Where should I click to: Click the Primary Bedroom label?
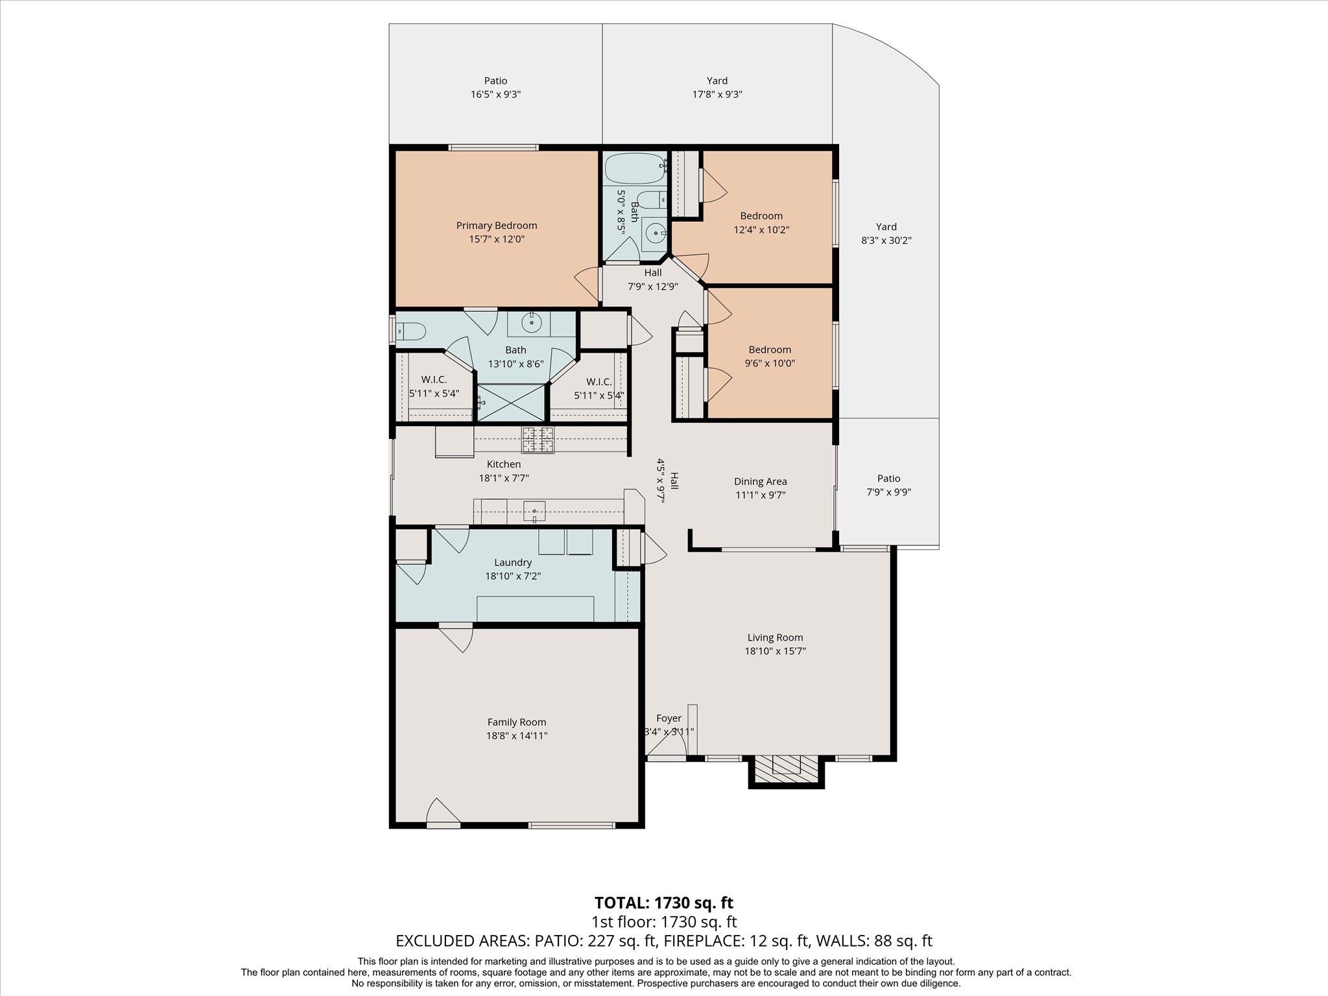click(497, 226)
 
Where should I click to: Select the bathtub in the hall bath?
click(635, 169)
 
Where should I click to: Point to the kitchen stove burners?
click(538, 440)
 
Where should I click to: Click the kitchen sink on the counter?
click(535, 511)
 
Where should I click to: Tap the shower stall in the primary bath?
click(511, 403)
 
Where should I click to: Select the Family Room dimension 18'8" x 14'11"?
click(517, 735)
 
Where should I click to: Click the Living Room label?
click(775, 637)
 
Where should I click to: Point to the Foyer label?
click(669, 718)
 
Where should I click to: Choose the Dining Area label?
click(761, 481)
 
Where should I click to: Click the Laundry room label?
click(513, 563)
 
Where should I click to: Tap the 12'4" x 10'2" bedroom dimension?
click(761, 230)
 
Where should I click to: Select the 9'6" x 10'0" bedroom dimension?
click(770, 363)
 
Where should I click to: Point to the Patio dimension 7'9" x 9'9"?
click(889, 492)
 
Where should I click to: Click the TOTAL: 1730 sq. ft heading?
click(664, 903)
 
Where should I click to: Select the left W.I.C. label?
click(434, 379)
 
